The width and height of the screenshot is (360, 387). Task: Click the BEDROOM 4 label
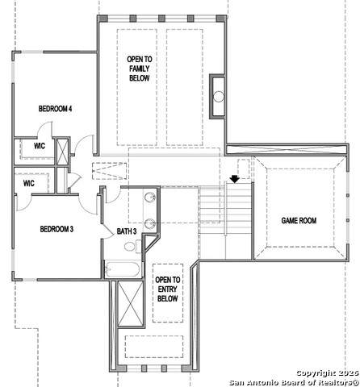[x=55, y=109]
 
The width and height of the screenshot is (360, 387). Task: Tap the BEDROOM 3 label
[x=57, y=229]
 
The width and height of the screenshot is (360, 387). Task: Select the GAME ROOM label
[x=299, y=221]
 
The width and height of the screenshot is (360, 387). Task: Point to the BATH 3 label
[x=127, y=231]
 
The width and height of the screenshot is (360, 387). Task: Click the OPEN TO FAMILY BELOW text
[x=140, y=69]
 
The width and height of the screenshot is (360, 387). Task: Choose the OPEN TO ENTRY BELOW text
[x=168, y=289]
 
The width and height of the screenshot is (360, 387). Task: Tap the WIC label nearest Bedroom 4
[x=40, y=146]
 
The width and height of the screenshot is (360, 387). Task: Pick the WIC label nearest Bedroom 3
[x=29, y=183]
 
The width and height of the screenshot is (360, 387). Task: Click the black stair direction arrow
[x=235, y=179]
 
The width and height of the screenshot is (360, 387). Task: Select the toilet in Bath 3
[x=132, y=246]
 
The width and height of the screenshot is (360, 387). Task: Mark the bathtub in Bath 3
[x=123, y=269]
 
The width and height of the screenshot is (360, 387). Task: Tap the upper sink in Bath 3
[x=150, y=198]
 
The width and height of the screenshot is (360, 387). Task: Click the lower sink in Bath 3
[x=150, y=223]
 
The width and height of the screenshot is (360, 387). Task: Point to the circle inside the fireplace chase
[x=219, y=97]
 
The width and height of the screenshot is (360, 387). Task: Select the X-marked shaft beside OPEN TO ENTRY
[x=131, y=303]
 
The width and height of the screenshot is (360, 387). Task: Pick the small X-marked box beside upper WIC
[x=62, y=152]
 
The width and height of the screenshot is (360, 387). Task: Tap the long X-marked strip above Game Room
[x=287, y=149]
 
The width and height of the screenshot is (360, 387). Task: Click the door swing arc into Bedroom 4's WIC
[x=43, y=127]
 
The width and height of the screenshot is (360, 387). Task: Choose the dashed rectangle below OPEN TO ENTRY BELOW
[x=154, y=347]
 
